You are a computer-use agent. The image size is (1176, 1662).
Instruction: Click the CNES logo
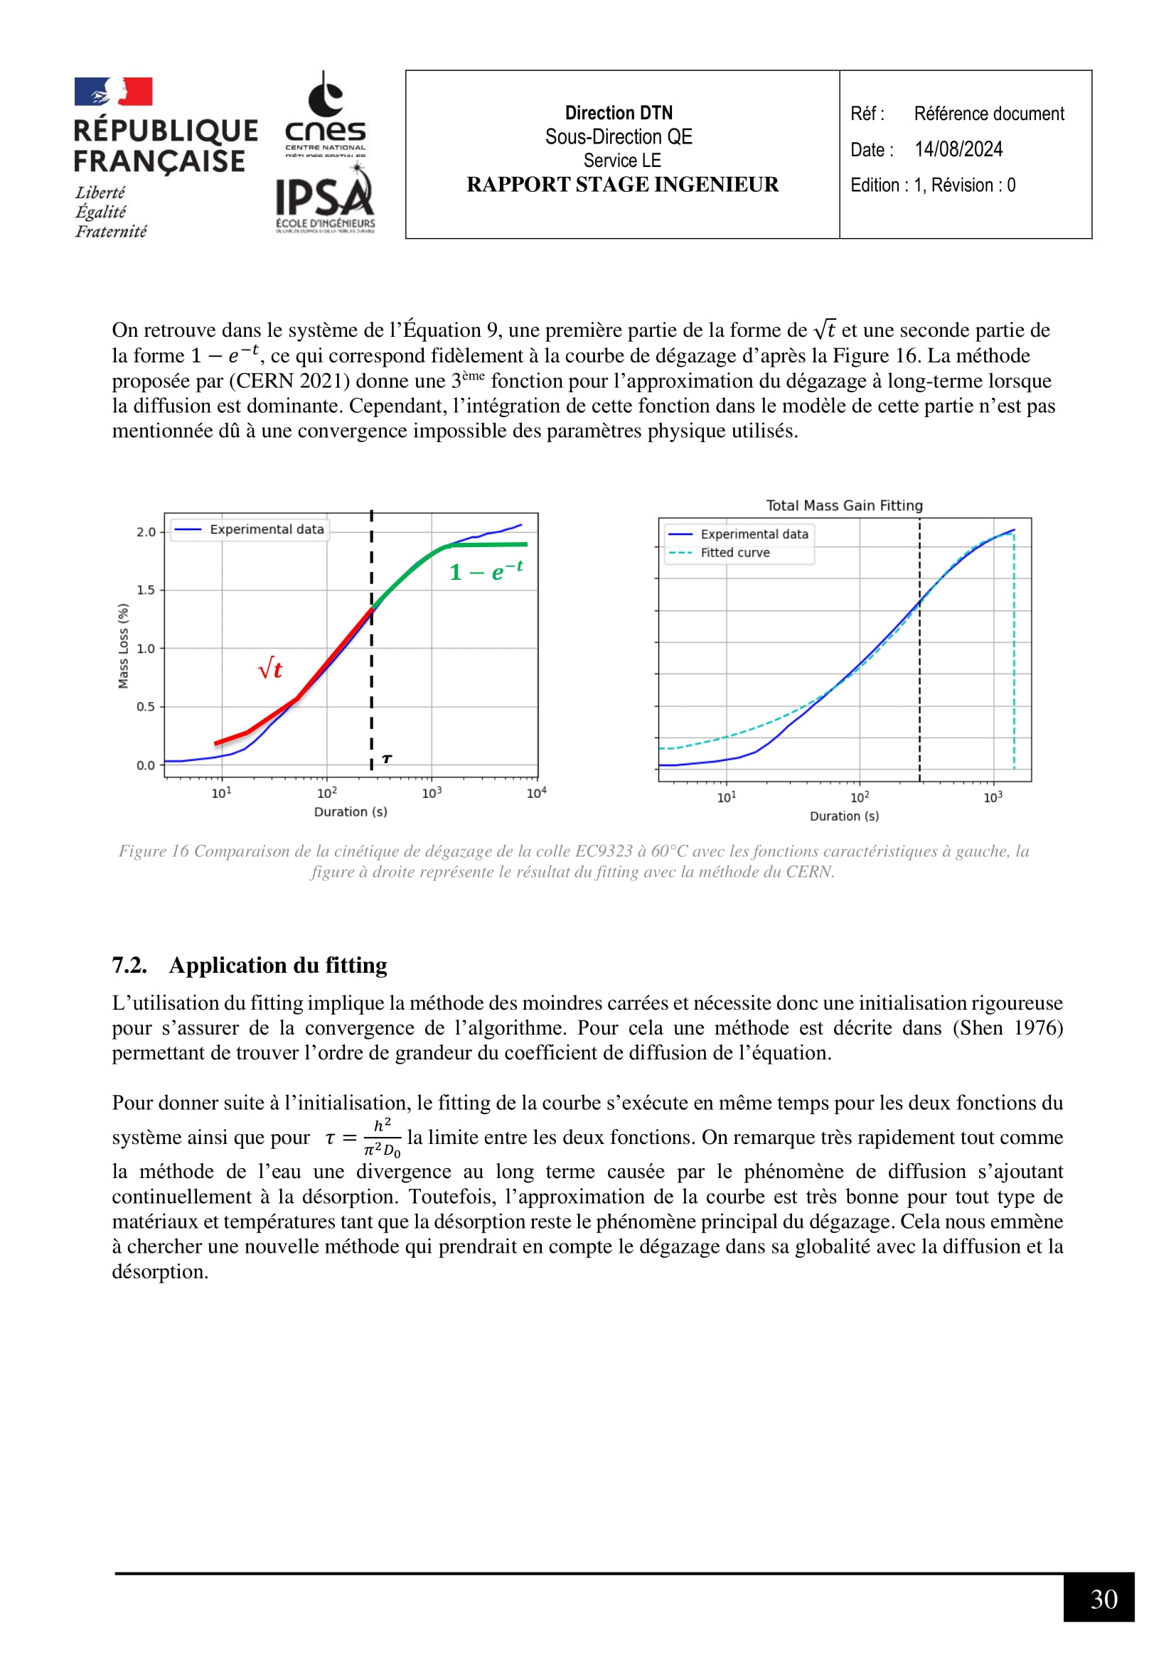[325, 114]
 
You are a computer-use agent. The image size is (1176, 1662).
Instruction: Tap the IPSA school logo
[325, 199]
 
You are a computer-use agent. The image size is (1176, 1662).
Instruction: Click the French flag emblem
[113, 92]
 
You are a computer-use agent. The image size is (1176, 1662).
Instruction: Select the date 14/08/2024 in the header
[958, 149]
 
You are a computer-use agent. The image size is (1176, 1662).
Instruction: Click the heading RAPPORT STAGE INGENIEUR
[622, 185]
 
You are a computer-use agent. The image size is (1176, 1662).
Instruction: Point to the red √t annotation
[270, 668]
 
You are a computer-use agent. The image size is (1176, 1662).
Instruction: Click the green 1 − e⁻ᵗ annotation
[486, 572]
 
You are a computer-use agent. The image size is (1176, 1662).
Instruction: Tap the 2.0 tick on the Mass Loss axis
[146, 532]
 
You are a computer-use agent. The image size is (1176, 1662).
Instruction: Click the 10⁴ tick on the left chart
[536, 794]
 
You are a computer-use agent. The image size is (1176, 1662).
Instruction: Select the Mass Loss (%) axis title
[123, 647]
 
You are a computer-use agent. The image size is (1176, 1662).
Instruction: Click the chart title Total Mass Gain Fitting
[845, 505]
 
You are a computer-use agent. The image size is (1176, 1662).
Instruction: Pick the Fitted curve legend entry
[734, 552]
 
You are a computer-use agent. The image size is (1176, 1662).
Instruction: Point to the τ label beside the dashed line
[387, 759]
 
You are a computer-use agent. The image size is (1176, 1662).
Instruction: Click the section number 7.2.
[129, 965]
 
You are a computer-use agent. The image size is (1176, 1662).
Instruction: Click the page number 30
[1103, 1599]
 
